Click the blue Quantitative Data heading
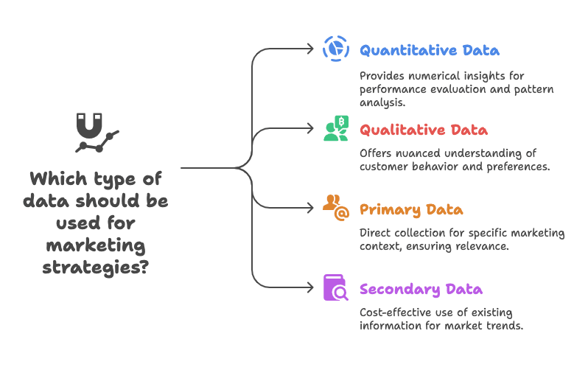click(429, 51)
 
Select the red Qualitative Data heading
click(423, 130)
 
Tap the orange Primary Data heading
click(411, 210)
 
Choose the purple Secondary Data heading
click(421, 289)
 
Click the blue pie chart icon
click(336, 49)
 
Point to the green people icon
click(336, 128)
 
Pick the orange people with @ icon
click(336, 208)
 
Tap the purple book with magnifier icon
click(336, 287)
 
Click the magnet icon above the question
click(95, 132)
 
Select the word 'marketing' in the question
click(95, 244)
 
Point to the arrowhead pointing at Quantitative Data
click(310, 49)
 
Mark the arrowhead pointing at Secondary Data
click(310, 288)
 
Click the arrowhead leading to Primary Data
click(310, 209)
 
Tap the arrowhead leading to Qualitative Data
click(310, 129)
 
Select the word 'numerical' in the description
click(430, 74)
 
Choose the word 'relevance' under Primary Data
click(482, 245)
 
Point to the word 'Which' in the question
click(57, 179)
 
